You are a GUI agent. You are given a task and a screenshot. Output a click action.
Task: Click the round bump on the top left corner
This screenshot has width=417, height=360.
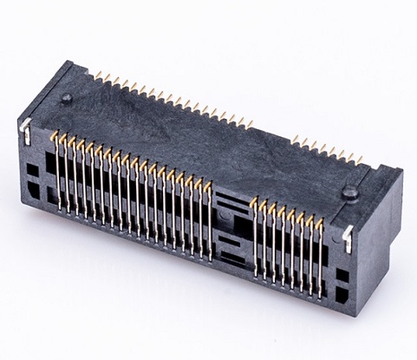(66, 99)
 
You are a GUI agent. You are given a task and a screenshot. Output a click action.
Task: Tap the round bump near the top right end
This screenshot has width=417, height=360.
(350, 193)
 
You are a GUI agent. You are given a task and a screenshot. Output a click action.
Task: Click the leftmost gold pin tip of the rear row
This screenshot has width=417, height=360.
(96, 74)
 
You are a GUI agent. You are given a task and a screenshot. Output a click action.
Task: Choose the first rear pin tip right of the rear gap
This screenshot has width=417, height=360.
(294, 137)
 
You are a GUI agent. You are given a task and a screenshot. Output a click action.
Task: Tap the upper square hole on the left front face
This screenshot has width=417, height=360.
(32, 164)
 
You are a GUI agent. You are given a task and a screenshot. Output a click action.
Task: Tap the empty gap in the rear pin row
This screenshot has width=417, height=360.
(272, 131)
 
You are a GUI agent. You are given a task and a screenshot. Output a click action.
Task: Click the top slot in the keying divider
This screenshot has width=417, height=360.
(228, 202)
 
